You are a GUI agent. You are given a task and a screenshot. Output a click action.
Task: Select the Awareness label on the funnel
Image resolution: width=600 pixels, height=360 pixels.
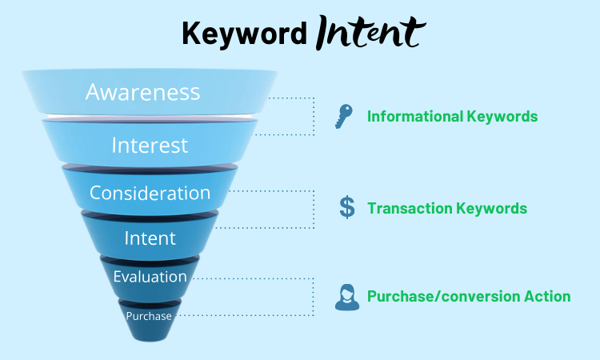tap(142, 92)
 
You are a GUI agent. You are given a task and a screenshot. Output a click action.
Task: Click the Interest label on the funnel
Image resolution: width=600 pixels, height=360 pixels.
tap(150, 145)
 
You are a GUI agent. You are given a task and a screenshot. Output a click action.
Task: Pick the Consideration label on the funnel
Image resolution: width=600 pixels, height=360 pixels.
tap(150, 193)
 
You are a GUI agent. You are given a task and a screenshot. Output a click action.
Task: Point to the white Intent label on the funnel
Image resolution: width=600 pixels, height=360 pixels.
tap(150, 238)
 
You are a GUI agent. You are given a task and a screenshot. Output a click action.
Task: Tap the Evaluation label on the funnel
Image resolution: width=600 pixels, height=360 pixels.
tap(150, 277)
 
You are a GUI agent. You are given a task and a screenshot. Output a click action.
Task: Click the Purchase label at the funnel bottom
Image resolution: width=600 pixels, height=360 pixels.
tap(149, 315)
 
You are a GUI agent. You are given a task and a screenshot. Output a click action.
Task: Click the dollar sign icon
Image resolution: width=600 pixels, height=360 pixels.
tap(346, 207)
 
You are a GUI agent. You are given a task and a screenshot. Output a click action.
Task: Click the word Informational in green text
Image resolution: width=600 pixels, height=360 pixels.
tap(414, 117)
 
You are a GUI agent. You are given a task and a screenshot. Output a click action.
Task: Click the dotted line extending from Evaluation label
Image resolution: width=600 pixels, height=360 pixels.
tap(256, 278)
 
